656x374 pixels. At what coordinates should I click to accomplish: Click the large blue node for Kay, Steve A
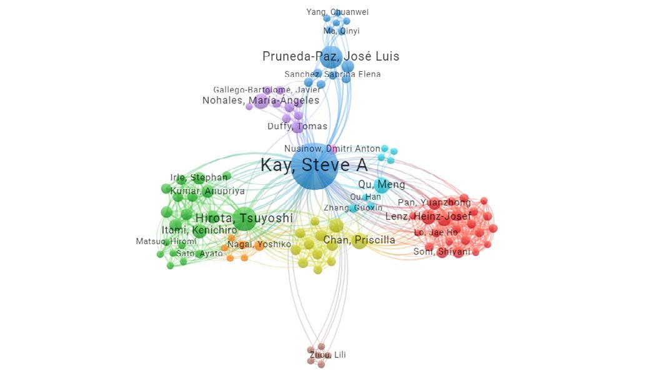[314, 166]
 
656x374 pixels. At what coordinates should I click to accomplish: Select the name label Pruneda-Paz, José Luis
[330, 57]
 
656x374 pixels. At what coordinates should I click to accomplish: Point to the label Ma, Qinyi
[341, 31]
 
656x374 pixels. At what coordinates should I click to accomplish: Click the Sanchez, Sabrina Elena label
[332, 74]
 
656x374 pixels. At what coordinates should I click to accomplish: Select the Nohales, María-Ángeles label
[261, 101]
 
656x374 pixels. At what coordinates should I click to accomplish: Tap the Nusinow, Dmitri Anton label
[332, 149]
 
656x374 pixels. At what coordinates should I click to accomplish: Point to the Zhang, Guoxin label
[353, 208]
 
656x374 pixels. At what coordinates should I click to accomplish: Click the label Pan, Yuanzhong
[434, 203]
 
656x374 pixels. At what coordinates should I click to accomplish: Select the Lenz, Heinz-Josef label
[428, 217]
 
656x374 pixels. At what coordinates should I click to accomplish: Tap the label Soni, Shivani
[442, 252]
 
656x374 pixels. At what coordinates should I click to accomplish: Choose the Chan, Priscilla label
[359, 240]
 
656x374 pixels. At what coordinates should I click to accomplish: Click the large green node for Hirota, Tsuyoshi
[244, 219]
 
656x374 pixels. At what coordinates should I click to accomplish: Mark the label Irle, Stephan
[199, 178]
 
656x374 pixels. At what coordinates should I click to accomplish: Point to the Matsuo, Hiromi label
[166, 242]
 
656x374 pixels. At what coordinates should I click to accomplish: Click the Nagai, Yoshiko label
[259, 245]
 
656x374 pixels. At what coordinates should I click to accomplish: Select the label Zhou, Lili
[327, 355]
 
